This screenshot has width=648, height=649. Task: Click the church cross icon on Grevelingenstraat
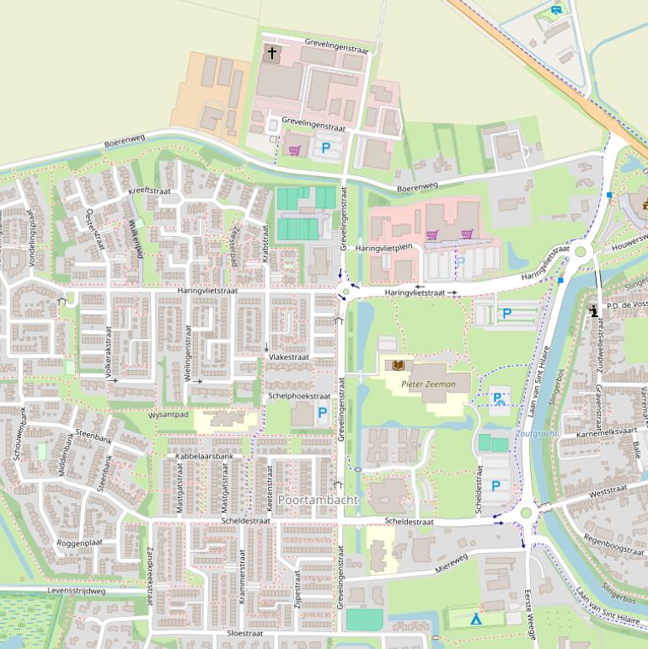click(271, 53)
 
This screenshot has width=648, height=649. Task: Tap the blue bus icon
click(556, 9)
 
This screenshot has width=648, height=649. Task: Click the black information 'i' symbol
click(594, 311)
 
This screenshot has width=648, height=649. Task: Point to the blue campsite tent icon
click(476, 619)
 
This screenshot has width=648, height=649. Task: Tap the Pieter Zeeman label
click(428, 384)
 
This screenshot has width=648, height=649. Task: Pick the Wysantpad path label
click(168, 415)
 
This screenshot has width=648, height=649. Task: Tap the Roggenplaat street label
click(78, 544)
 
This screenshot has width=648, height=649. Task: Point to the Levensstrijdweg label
click(77, 592)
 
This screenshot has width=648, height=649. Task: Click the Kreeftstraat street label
click(149, 190)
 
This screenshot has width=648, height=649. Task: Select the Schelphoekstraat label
click(298, 395)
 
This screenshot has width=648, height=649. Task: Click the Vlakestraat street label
click(288, 357)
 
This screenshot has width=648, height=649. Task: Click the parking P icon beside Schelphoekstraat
click(322, 413)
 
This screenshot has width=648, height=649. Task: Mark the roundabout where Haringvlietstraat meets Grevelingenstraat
click(345, 292)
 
